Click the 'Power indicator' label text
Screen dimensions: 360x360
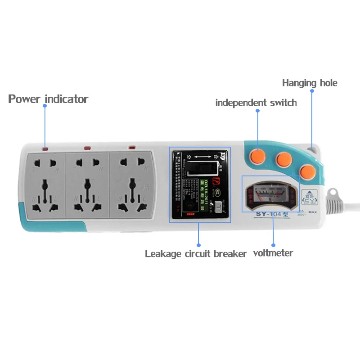pos(48,99)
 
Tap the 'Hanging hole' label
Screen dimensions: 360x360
pos(309,83)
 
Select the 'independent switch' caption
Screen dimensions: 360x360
pos(256,103)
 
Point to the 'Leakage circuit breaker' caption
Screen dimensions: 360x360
pos(196,254)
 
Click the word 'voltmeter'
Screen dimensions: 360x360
pos(273,253)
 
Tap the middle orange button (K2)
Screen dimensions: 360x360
pos(284,159)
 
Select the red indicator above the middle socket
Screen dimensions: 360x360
pos(87,148)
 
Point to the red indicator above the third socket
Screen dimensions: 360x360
pos(132,147)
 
